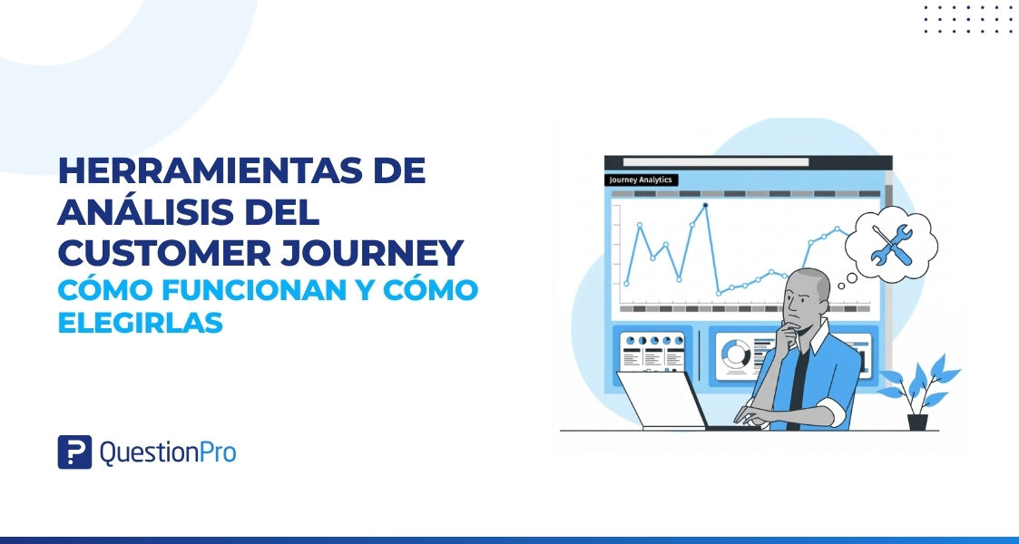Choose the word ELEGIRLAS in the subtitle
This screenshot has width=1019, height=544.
coord(140,322)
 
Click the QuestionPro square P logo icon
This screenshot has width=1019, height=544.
coord(74,452)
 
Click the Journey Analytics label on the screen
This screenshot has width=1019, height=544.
coord(641,180)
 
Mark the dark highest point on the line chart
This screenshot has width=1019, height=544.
coord(704,205)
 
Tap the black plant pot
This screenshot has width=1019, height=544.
coord(917,421)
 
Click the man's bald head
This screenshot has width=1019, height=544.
coord(809,283)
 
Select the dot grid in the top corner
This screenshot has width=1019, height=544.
coord(966,18)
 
